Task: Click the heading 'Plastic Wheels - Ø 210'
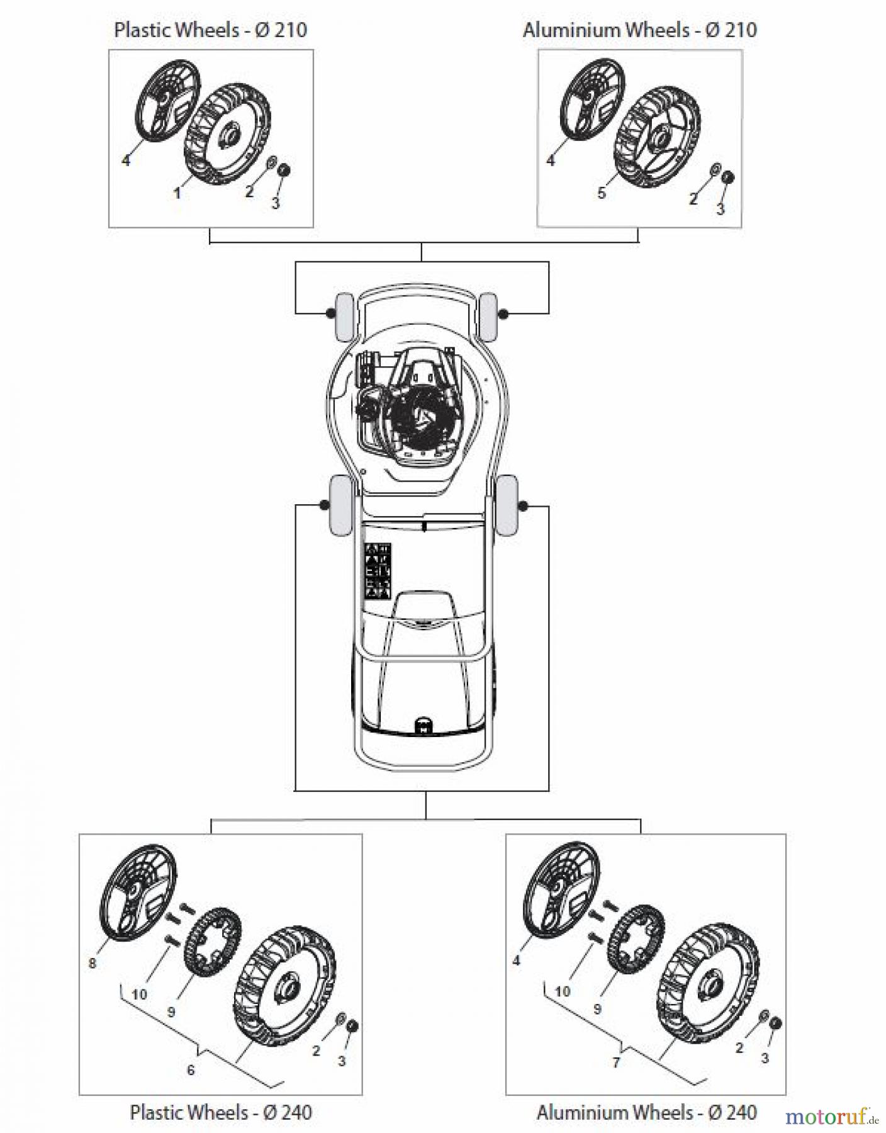[x=210, y=30]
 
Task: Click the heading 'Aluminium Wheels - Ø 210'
[x=639, y=30]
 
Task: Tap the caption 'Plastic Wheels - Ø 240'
[x=221, y=1112]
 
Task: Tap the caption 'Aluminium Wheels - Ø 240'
[x=646, y=1112]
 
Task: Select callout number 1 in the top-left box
[x=177, y=193]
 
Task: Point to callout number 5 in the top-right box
[x=601, y=193]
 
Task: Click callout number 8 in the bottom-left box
[x=93, y=963]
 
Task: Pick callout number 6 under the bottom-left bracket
[x=191, y=1069]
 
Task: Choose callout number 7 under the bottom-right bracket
[x=616, y=1062]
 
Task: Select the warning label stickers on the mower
[x=378, y=570]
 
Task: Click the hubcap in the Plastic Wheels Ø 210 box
[x=165, y=101]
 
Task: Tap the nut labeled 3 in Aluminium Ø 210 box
[x=728, y=178]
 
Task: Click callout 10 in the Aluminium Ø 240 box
[x=562, y=991]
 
